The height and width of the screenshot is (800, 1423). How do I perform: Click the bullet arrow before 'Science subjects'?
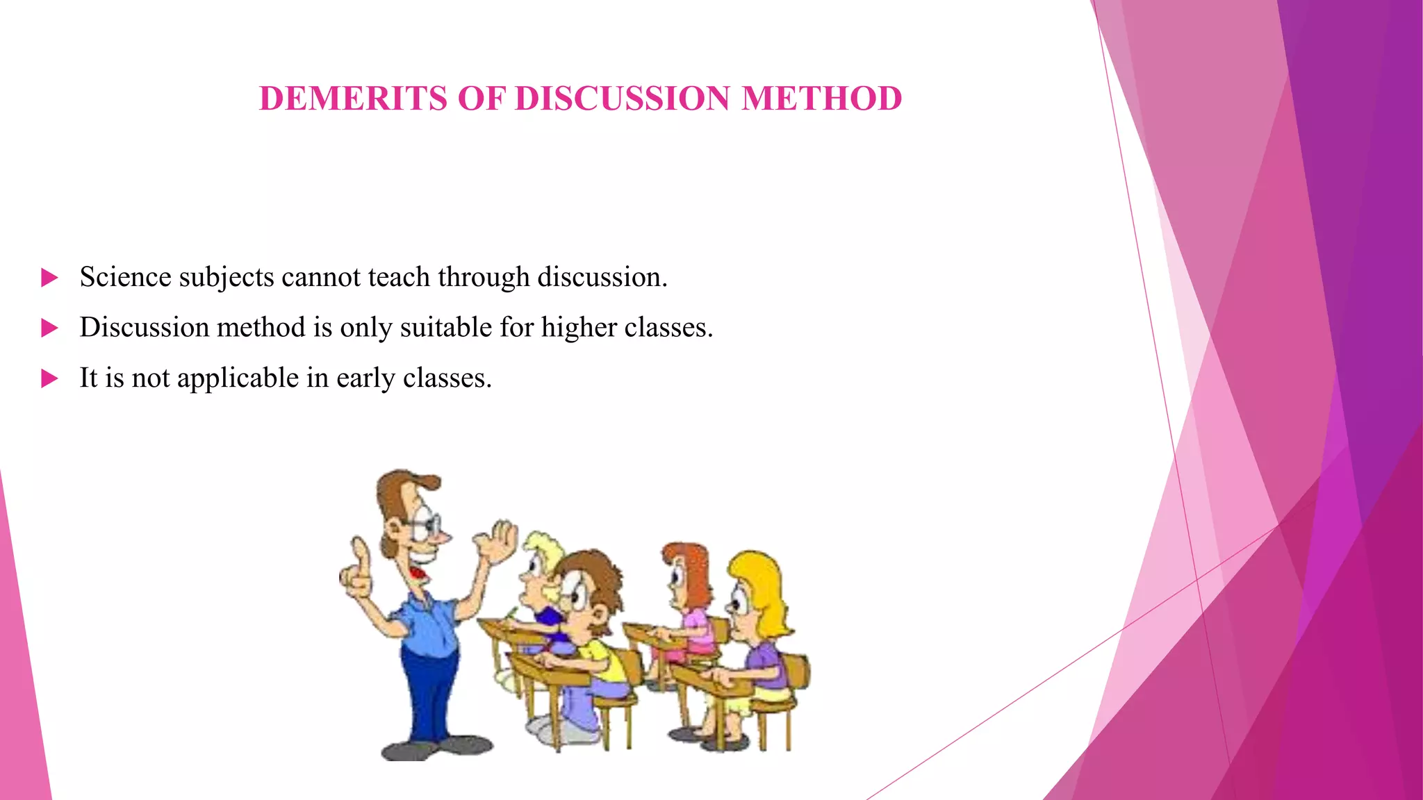[x=49, y=278]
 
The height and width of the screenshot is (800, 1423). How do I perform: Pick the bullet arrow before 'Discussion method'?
[x=49, y=328]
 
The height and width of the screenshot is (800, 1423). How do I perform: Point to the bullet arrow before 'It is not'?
[x=49, y=378]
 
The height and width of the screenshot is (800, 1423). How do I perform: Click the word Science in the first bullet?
[x=125, y=277]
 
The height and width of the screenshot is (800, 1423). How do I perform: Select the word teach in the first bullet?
[x=399, y=277]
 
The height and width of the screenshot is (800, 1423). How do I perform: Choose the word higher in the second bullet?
[x=579, y=327]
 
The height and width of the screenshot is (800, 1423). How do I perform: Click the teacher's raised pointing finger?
[x=360, y=556]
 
